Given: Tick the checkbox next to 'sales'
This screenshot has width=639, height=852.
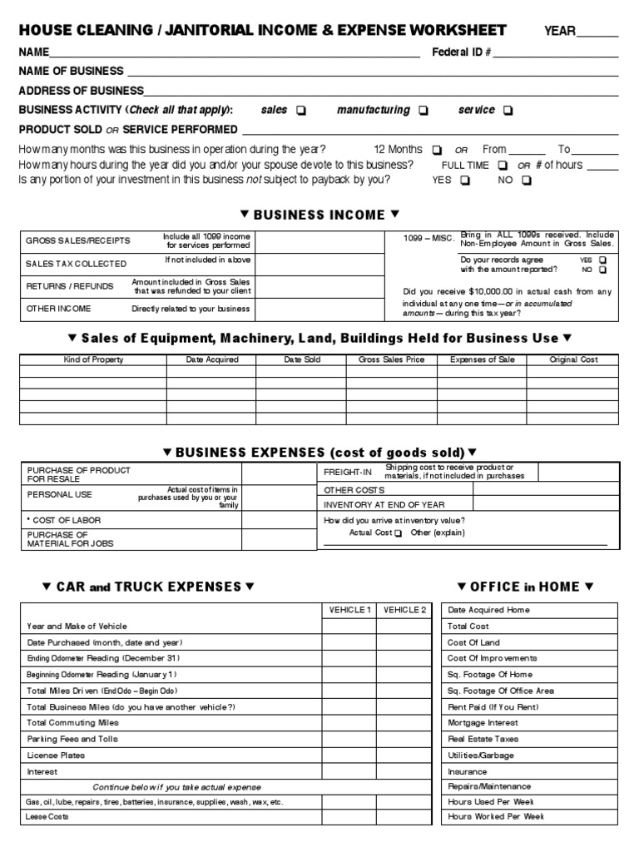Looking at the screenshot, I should (x=300, y=111).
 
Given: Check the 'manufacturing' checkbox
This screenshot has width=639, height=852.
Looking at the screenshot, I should (x=424, y=111).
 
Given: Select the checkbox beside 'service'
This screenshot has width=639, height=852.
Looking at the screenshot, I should (x=508, y=111).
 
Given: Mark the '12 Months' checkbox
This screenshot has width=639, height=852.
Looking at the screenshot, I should (x=437, y=151).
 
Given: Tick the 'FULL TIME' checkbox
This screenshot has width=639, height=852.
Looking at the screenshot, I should (x=502, y=166).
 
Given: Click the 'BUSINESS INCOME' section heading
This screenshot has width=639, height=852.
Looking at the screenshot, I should (x=319, y=215).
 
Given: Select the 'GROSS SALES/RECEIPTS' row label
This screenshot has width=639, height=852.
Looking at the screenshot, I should (x=77, y=240).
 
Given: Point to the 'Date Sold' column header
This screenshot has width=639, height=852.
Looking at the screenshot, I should (x=300, y=359).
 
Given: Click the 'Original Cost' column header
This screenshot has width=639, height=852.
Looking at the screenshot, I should (x=573, y=359).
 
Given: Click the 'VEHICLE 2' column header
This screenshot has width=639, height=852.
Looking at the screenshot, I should (x=404, y=610).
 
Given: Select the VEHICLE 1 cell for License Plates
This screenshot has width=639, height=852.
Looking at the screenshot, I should (x=349, y=755).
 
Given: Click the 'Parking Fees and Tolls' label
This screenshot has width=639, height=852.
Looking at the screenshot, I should (x=72, y=739).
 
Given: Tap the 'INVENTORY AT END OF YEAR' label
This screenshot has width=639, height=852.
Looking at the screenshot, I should (x=384, y=504).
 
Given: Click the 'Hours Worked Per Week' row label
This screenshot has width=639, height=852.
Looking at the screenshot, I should (x=496, y=817).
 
